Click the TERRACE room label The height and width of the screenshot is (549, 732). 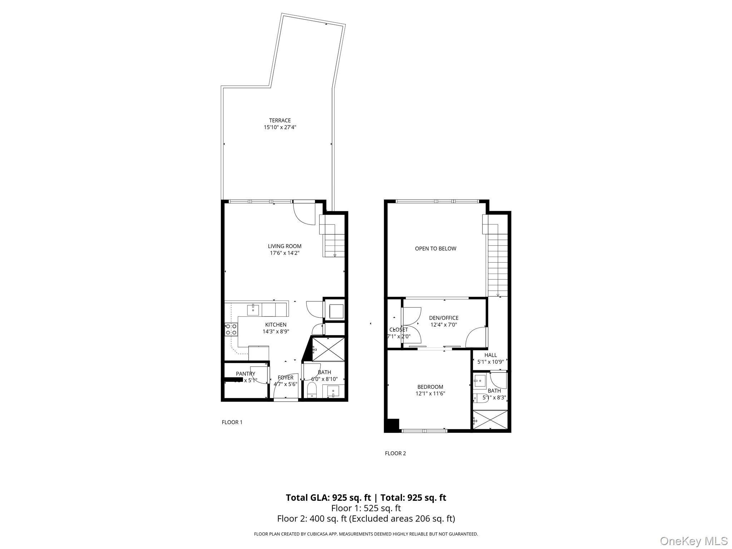[280, 120]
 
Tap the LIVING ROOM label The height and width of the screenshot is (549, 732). [285, 246]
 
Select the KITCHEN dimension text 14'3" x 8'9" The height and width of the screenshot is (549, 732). [276, 331]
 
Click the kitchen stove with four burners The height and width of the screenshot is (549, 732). [231, 329]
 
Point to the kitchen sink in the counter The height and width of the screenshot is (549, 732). [253, 310]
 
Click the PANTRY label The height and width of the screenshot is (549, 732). [246, 374]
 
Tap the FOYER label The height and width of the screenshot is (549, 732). [286, 377]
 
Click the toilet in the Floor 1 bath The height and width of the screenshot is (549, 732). [312, 390]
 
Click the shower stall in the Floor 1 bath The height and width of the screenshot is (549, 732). [328, 349]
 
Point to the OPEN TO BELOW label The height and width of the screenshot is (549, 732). [435, 249]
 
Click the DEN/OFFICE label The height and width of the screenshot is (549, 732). [444, 318]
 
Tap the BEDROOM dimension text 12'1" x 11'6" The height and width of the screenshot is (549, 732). [430, 394]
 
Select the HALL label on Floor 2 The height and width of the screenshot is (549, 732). [490, 355]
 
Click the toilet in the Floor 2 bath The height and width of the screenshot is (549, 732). [480, 398]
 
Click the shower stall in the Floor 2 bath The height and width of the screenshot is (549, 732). [490, 420]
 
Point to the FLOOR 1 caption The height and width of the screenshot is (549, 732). [232, 422]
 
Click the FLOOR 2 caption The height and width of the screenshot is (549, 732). [395, 453]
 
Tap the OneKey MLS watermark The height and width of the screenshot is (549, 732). [693, 541]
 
